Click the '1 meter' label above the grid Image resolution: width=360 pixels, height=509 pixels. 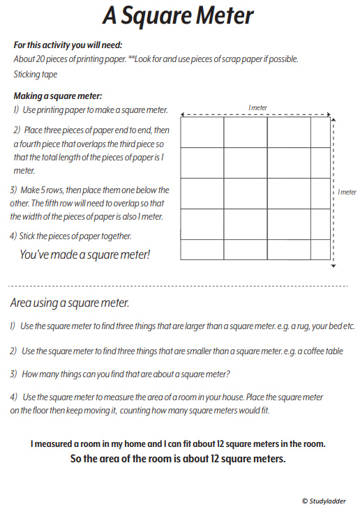[x=258, y=107]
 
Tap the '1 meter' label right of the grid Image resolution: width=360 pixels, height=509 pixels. [x=347, y=192]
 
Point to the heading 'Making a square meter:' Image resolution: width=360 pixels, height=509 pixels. [x=58, y=96]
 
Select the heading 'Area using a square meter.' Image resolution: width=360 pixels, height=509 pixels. [x=70, y=303]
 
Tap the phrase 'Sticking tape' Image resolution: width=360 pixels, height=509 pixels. [x=36, y=74]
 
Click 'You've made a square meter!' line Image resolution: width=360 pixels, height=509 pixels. [x=84, y=255]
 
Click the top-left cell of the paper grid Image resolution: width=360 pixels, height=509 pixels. [x=202, y=132]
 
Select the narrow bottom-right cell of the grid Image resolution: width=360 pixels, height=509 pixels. [x=320, y=250]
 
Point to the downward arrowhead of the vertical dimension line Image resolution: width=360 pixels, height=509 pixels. [x=334, y=265]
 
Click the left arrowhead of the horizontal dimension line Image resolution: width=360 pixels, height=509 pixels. [x=183, y=114]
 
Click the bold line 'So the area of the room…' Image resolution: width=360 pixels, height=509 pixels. [x=179, y=459]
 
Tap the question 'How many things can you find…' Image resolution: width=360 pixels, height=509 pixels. [x=126, y=374]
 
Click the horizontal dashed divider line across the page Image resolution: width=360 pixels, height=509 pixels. [x=178, y=286]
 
